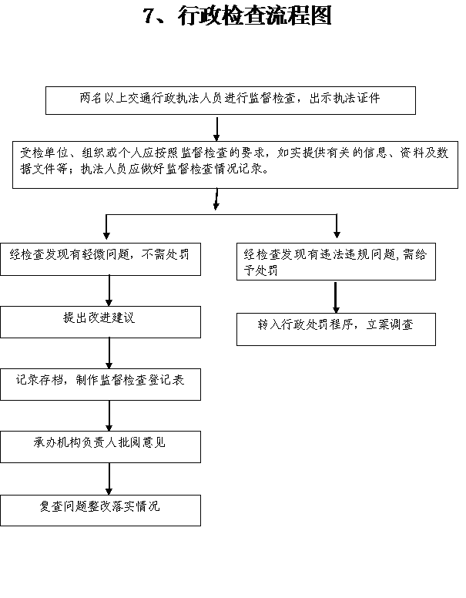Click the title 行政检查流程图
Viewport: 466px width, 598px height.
254,16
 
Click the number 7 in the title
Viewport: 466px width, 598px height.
149,16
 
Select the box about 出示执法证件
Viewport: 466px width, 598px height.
230,100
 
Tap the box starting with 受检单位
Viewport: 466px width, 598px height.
235,165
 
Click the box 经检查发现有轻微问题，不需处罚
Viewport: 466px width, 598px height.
100,259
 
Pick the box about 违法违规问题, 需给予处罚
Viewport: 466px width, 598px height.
336,262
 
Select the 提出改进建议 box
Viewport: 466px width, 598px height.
100,322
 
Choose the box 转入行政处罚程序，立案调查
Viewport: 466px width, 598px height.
336,329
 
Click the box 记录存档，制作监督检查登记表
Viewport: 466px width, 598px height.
100,385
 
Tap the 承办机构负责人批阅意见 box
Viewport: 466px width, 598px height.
100,447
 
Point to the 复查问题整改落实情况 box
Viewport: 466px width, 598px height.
100,510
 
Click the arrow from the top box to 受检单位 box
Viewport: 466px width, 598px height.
216,129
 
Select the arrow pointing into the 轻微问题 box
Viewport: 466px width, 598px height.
106,227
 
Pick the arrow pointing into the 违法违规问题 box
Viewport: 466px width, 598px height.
337,226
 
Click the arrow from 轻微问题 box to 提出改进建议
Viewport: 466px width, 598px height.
109,291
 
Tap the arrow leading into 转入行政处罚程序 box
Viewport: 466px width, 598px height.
336,297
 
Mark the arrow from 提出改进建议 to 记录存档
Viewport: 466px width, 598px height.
109,353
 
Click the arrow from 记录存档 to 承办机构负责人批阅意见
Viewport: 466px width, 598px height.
109,415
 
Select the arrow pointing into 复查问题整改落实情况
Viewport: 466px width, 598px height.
109,479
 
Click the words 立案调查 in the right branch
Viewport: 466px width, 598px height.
389,324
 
